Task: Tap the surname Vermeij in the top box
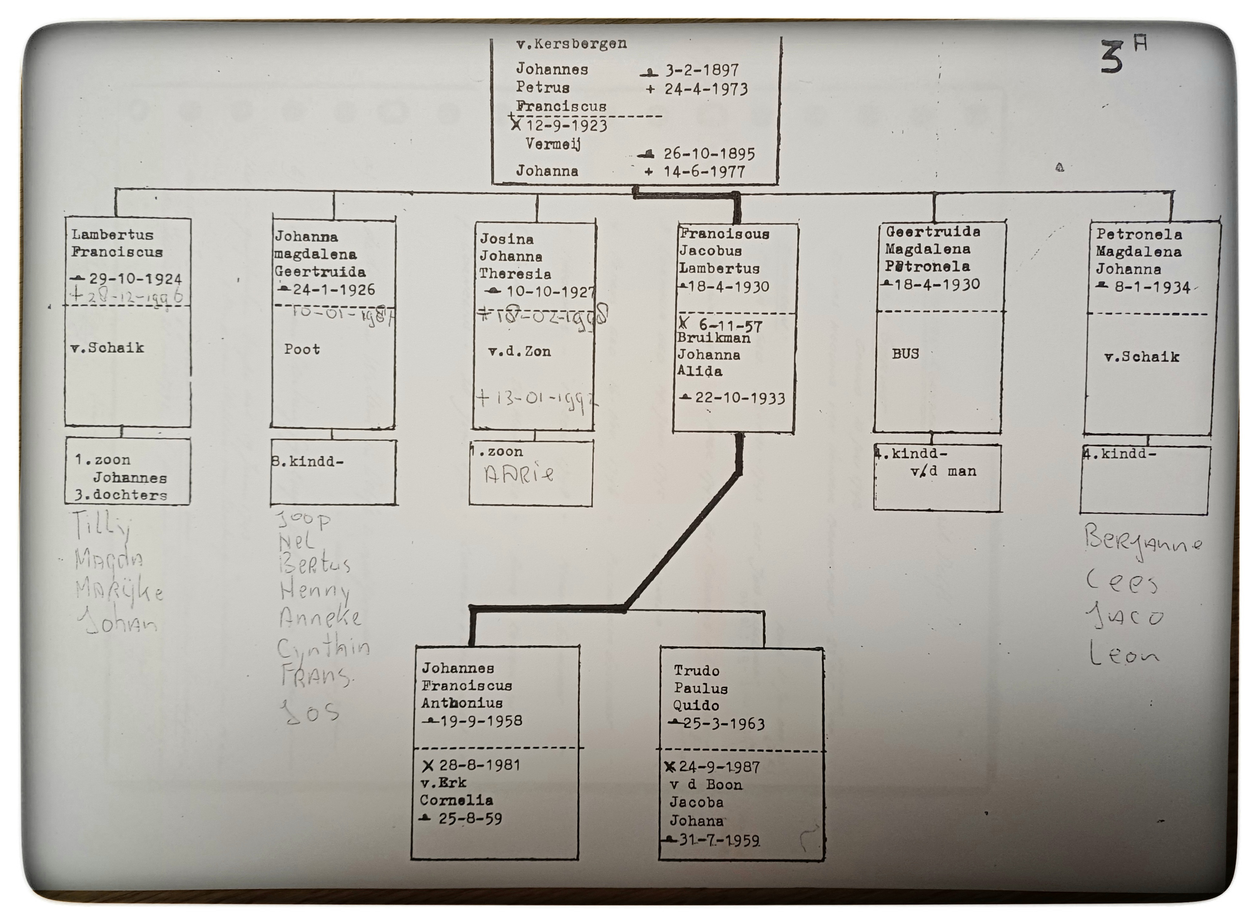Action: coord(553,144)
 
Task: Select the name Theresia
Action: coord(515,274)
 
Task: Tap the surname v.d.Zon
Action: coord(519,351)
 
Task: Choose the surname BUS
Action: coord(905,354)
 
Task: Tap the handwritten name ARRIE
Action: coord(519,475)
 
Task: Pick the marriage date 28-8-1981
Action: coord(479,765)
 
